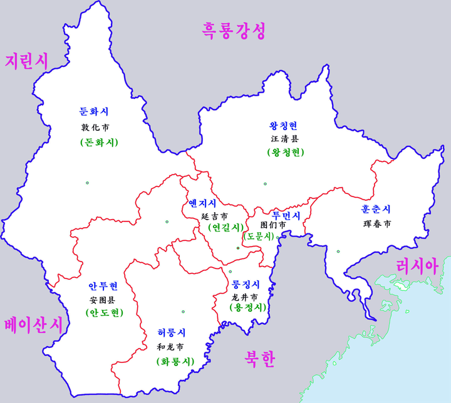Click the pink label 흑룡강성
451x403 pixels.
pos(234,30)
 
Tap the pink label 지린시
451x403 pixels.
pos(26,61)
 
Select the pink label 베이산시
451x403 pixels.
pos(32,325)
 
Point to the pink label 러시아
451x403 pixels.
pos(416,265)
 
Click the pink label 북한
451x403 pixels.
pos(259,358)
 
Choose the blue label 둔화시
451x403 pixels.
pos(95,112)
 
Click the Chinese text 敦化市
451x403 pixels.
pos(95,127)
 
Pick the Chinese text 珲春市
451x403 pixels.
pos(376,223)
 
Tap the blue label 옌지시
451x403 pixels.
pos(202,203)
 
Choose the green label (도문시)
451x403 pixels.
pos(259,236)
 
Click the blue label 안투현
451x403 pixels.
pos(103,287)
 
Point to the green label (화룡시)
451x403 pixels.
pos(175,362)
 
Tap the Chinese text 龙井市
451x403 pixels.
pos(244,297)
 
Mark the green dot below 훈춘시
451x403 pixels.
pos(338,252)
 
